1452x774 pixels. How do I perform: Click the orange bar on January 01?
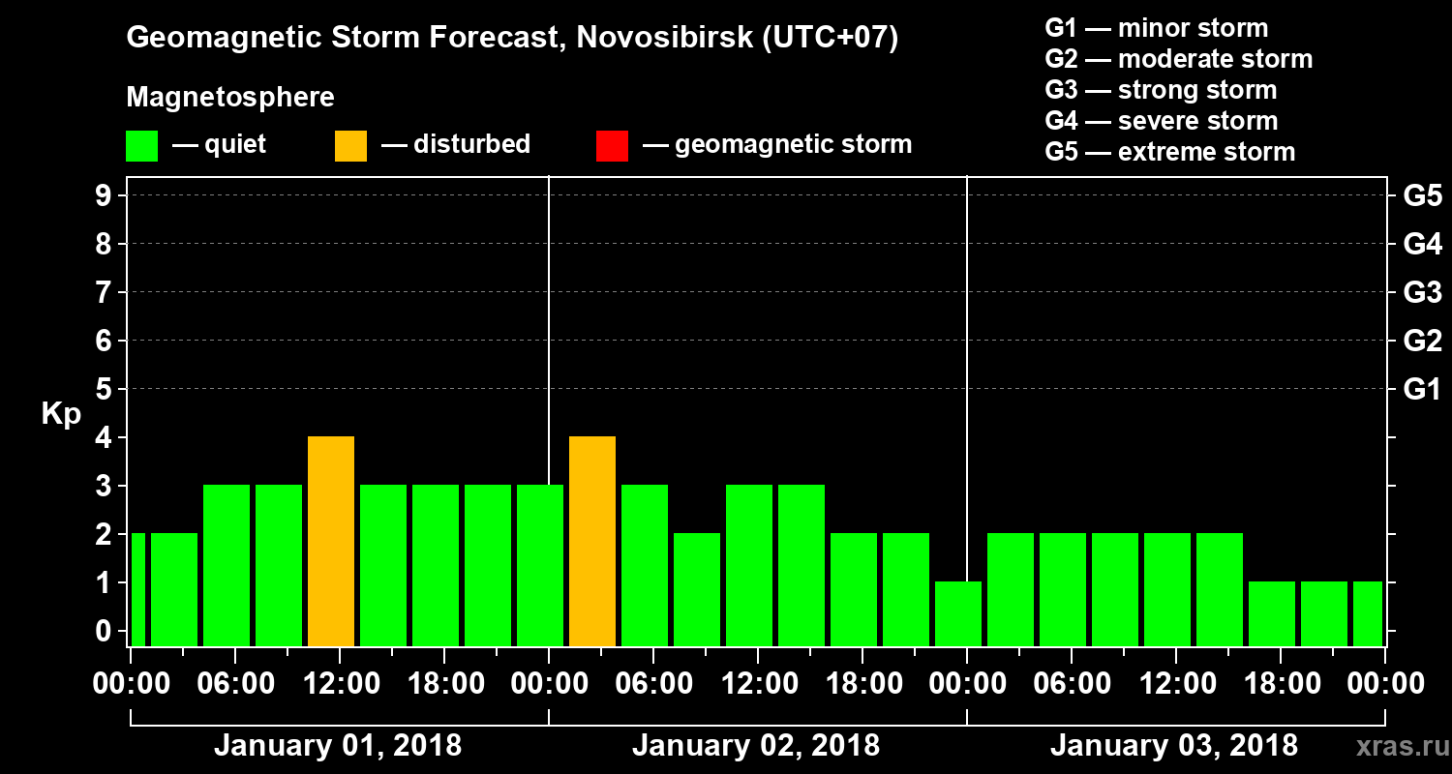pyautogui.click(x=331, y=541)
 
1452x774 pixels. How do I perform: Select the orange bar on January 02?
pyautogui.click(x=592, y=541)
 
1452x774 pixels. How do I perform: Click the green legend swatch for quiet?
pyautogui.click(x=141, y=145)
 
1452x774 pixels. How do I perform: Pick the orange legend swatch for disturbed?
pyautogui.click(x=350, y=145)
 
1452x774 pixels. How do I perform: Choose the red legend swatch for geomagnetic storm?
pyautogui.click(x=612, y=145)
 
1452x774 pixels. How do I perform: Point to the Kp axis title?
pyautogui.click(x=61, y=414)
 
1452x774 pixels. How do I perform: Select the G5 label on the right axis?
pyautogui.click(x=1422, y=195)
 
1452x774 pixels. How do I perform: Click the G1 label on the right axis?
pyautogui.click(x=1422, y=389)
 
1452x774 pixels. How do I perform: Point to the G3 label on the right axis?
pyautogui.click(x=1422, y=292)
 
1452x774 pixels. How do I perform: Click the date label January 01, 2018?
pyautogui.click(x=337, y=746)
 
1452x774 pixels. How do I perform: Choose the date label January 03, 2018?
pyautogui.click(x=1173, y=746)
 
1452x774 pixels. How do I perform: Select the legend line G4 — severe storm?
pyautogui.click(x=1161, y=121)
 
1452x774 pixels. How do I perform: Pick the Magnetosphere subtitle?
pyautogui.click(x=230, y=98)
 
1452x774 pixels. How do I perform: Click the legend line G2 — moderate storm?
pyautogui.click(x=1178, y=59)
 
